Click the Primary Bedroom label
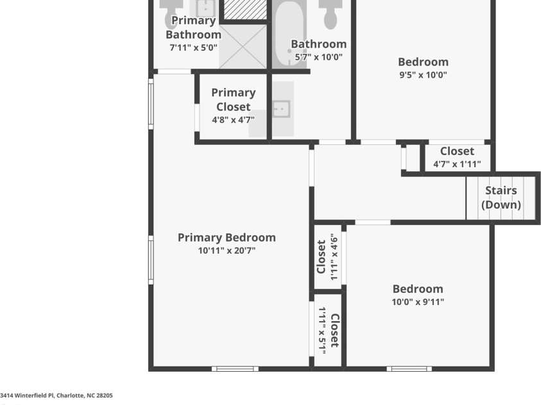[227, 238]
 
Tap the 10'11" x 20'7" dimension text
[227, 251]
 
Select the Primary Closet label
[234, 99]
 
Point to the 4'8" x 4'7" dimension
[233, 119]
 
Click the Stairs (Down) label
[501, 197]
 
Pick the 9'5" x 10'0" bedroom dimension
[423, 75]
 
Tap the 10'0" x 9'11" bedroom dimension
[418, 302]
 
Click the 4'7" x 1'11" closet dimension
[457, 164]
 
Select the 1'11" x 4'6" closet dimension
[334, 257]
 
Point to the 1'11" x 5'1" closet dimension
[322, 331]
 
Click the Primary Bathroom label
[194, 28]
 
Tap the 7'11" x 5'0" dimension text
[194, 47]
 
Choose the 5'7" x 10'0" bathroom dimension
[319, 57]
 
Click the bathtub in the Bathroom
[289, 35]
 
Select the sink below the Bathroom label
[282, 109]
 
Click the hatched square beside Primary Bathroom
[245, 10]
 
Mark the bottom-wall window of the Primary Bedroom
[235, 369]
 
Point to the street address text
[56, 395]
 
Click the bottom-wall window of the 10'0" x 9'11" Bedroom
[409, 369]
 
